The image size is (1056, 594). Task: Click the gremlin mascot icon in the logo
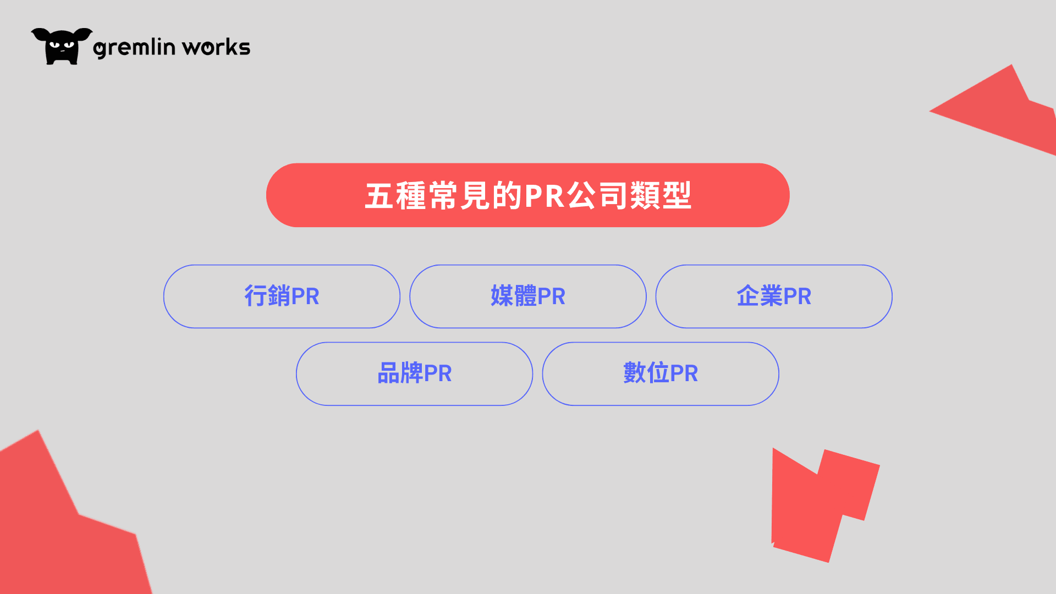click(x=61, y=46)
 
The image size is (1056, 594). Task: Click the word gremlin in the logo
click(x=134, y=47)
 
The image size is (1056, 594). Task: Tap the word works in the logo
click(x=216, y=47)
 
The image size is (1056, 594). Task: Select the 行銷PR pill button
click(x=282, y=296)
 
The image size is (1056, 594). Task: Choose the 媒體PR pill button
click(x=528, y=296)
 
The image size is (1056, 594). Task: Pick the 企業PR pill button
click(x=774, y=296)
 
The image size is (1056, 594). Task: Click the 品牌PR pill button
click(x=414, y=374)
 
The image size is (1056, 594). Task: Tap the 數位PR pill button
click(x=661, y=374)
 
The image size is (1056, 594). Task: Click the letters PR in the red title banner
click(x=544, y=195)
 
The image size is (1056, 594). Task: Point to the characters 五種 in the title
click(x=395, y=195)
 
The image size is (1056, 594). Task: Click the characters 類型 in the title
click(x=661, y=195)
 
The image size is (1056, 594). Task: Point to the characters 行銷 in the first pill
click(x=267, y=296)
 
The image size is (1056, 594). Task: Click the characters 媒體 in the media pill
click(x=513, y=296)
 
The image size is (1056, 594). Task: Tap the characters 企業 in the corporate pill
click(x=759, y=296)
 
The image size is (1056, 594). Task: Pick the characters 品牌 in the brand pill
click(x=400, y=373)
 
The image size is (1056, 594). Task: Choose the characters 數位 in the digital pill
click(x=646, y=373)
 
